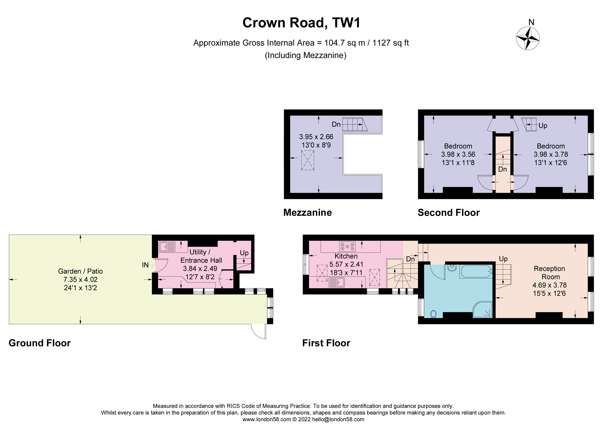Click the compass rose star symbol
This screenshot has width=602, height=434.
527,39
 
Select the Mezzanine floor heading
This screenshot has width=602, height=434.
307,213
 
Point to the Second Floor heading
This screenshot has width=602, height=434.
449,213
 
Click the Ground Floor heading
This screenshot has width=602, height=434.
40,343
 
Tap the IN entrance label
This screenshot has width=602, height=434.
145,265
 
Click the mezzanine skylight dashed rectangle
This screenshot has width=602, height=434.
308,160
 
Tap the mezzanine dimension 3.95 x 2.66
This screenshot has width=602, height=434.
316,137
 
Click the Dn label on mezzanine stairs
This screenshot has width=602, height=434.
336,124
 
